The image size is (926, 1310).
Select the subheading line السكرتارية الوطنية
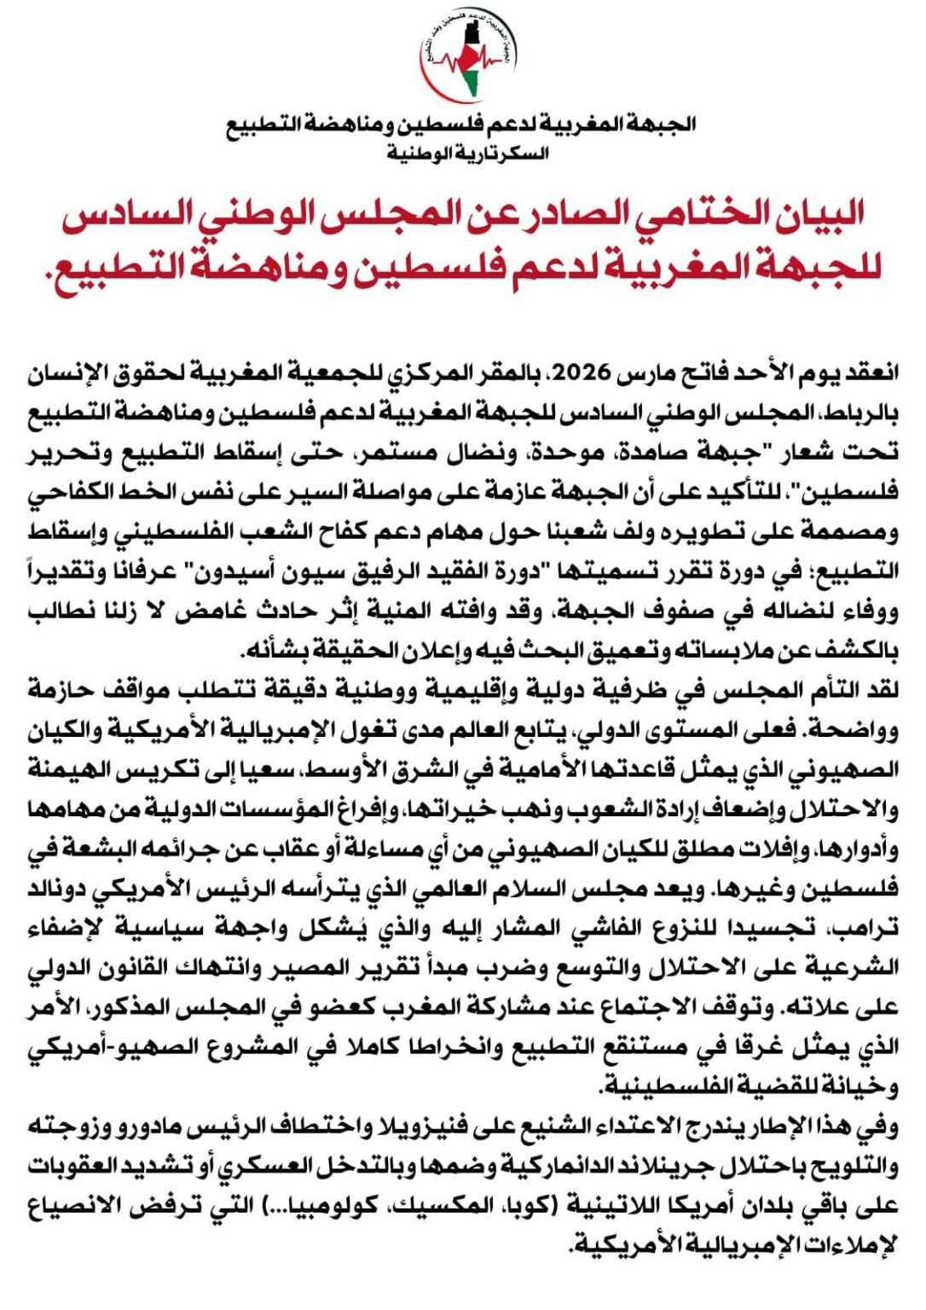pos(468,154)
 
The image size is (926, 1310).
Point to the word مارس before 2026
pos(640,373)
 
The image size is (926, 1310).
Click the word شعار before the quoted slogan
pos(794,452)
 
